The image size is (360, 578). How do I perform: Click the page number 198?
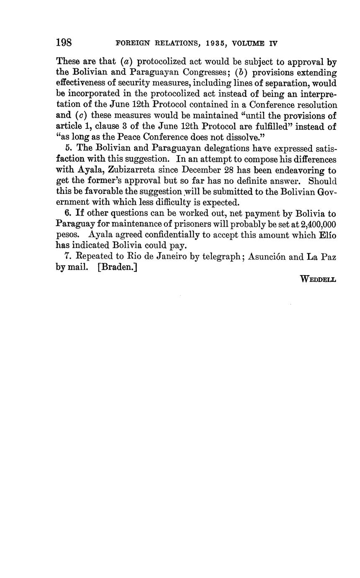(x=64, y=43)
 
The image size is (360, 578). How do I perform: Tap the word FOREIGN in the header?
(x=130, y=43)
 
